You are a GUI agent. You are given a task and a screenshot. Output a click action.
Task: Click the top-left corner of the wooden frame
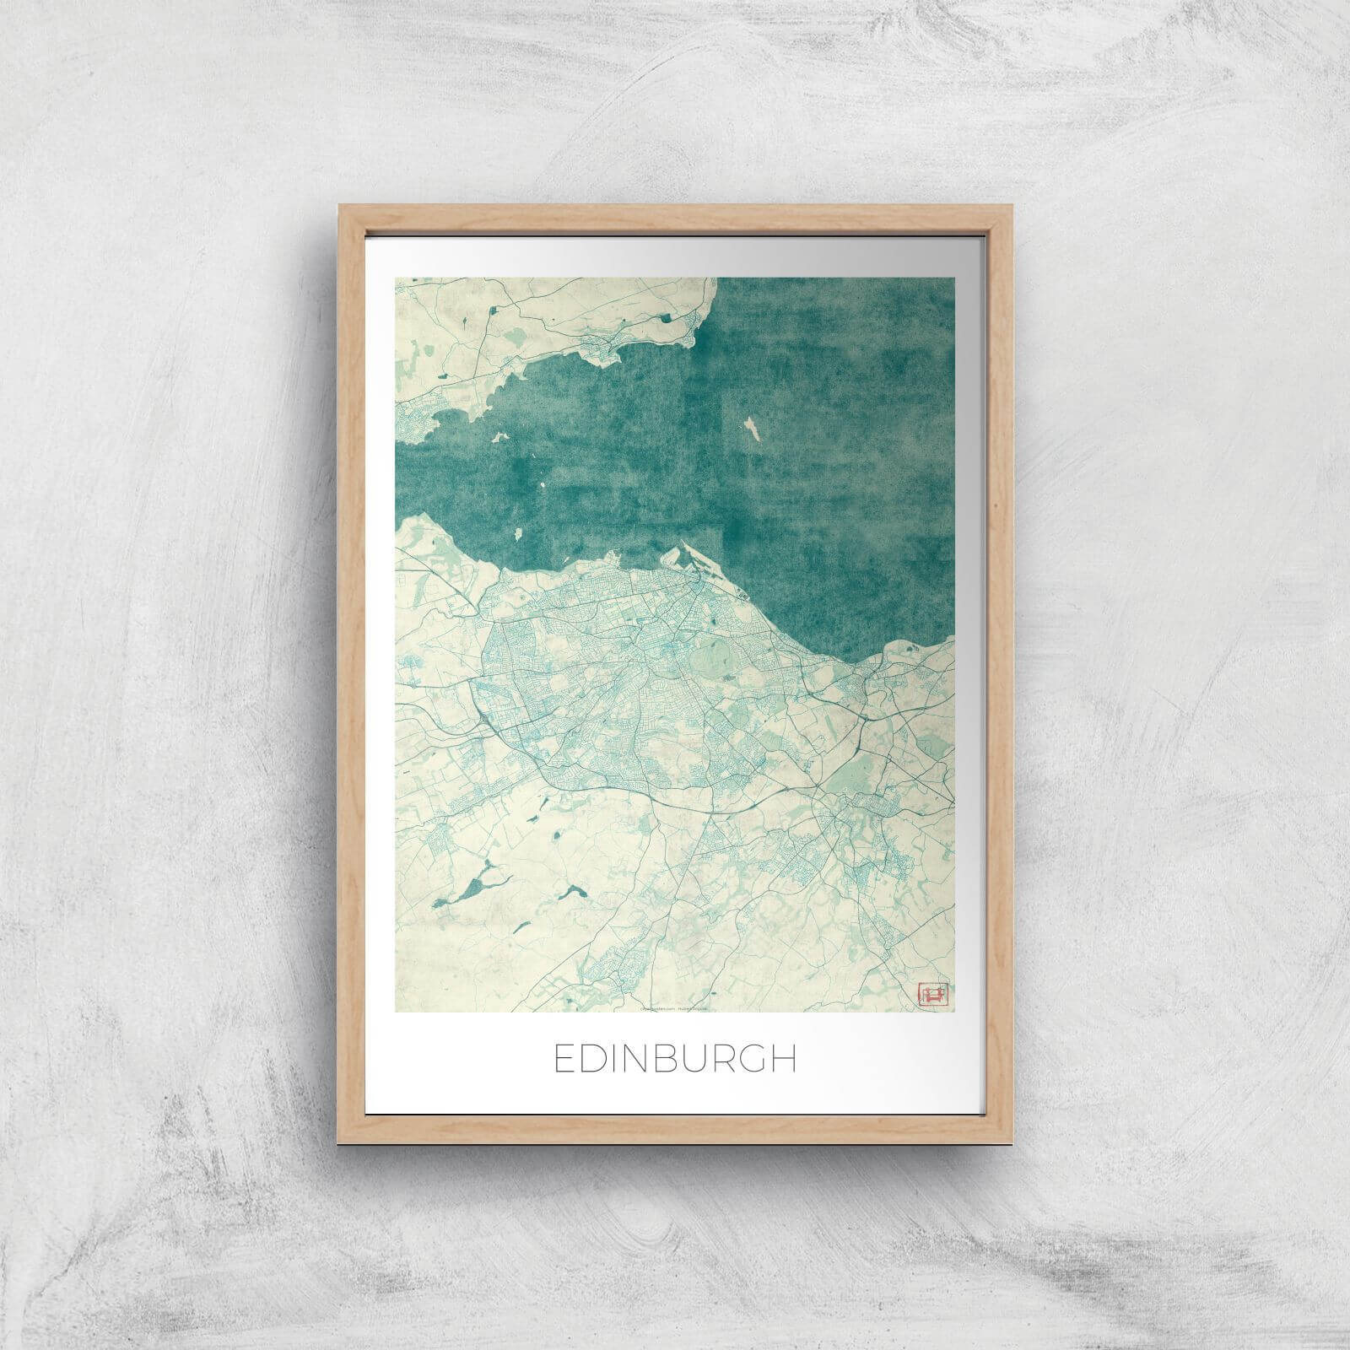click(x=340, y=205)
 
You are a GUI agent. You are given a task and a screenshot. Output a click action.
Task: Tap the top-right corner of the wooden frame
click(x=1011, y=205)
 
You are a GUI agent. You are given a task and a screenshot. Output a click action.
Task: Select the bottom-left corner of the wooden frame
click(x=340, y=1142)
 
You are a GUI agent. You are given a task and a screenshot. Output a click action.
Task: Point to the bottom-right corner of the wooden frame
click(x=1011, y=1142)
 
